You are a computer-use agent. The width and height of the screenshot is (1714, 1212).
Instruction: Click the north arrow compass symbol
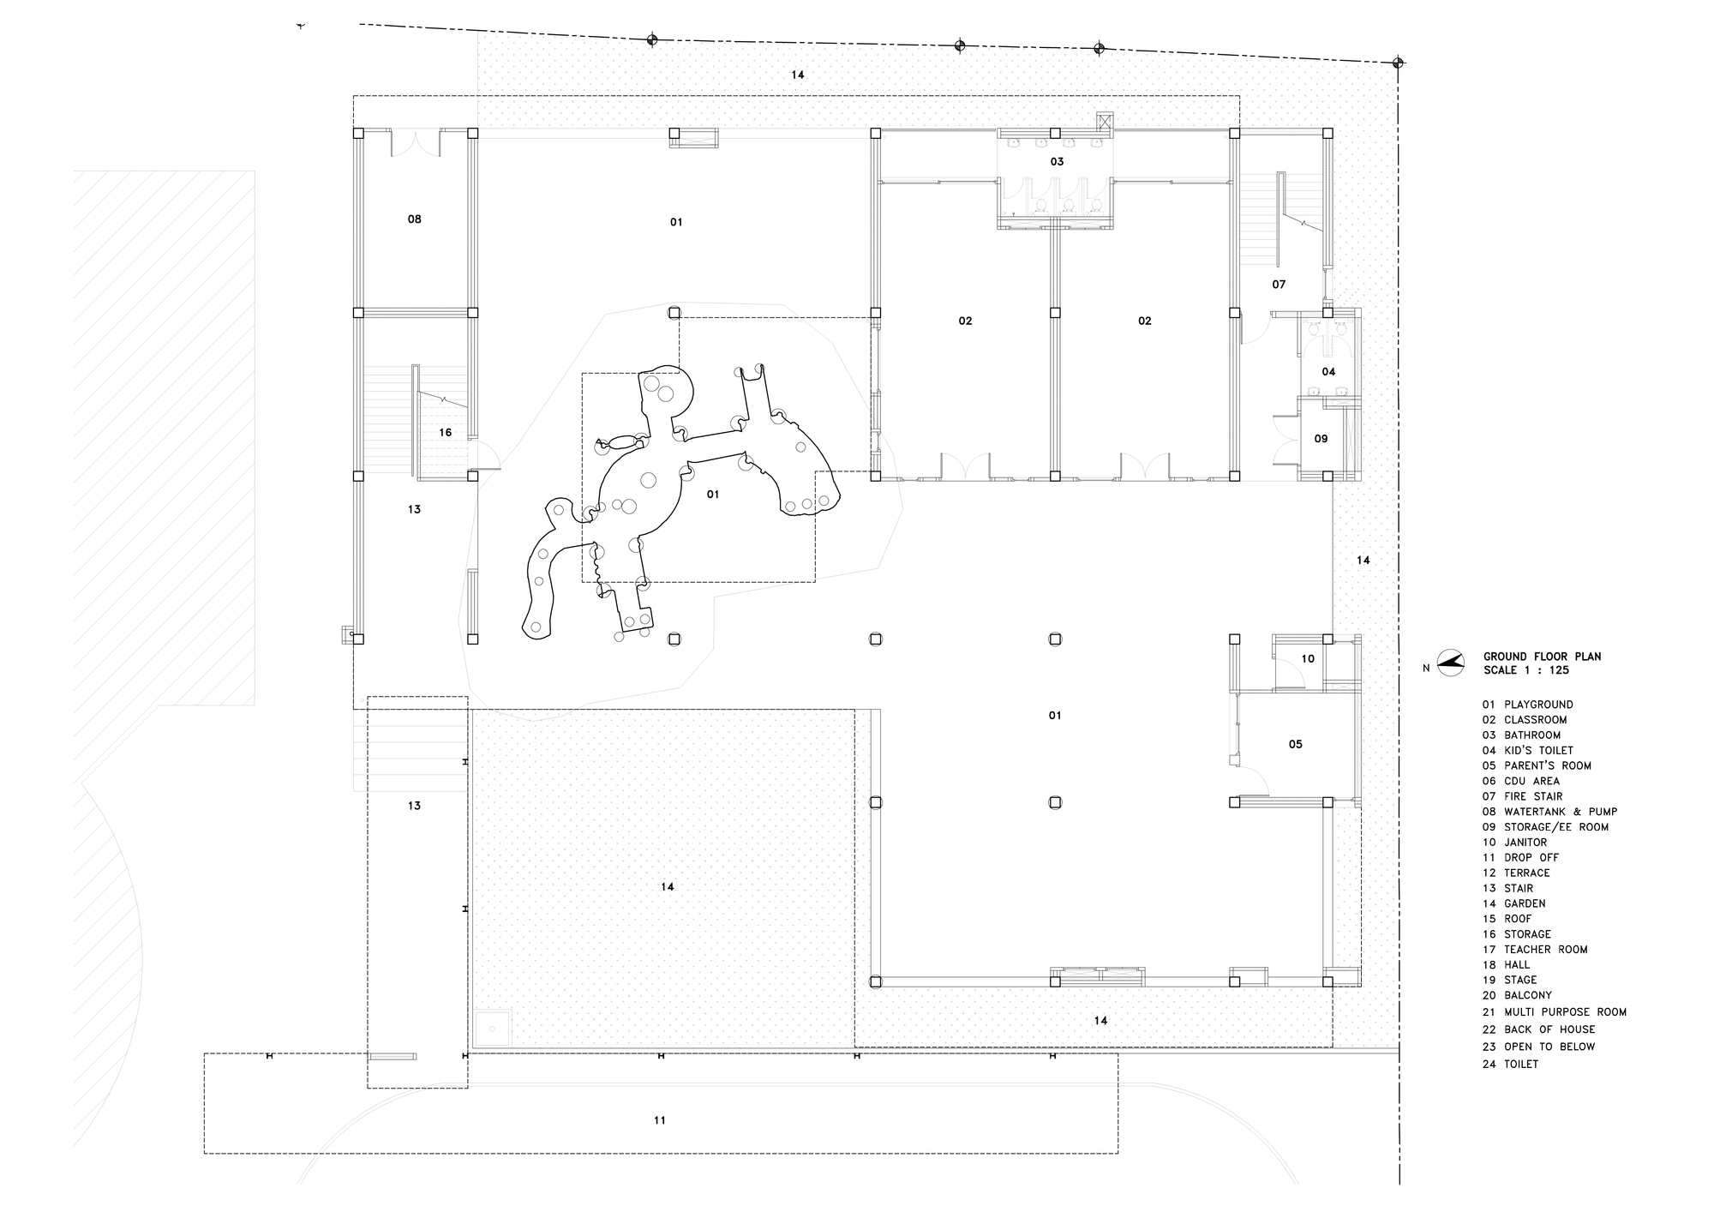tap(1451, 663)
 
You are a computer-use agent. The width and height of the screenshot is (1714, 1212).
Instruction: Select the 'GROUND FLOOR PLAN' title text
tap(1542, 657)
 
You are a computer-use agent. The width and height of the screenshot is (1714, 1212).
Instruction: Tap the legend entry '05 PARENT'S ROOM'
tap(1536, 765)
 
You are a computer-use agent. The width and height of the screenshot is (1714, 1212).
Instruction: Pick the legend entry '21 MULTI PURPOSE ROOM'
tap(1554, 1011)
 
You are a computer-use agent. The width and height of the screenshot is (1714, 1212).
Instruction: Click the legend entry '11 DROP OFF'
tap(1520, 857)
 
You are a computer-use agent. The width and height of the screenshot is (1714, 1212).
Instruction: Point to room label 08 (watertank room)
tap(415, 219)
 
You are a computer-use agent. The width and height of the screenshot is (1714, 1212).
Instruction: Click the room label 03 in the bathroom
tap(1057, 162)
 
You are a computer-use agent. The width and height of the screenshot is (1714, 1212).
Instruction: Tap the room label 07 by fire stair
tap(1279, 285)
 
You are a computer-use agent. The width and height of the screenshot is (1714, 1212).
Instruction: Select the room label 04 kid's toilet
tap(1328, 372)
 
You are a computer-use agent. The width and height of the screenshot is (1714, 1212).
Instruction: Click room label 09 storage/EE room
tap(1321, 439)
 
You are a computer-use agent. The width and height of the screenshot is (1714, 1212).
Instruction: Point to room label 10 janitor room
tap(1308, 659)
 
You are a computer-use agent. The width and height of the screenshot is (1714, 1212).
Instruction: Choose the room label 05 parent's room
tap(1296, 745)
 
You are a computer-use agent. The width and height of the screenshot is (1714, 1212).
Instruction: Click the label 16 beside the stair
tap(446, 433)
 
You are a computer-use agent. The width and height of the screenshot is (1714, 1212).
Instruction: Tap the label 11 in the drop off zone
tap(660, 1120)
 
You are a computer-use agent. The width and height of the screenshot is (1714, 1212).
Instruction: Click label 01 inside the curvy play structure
tap(713, 495)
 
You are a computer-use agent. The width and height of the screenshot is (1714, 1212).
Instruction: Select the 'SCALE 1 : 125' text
tap(1525, 670)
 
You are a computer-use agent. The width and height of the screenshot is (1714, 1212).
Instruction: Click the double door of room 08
tap(416, 143)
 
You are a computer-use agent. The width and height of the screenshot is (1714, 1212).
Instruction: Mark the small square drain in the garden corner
tap(493, 1028)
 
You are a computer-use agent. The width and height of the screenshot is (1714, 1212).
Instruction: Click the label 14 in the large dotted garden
tap(668, 887)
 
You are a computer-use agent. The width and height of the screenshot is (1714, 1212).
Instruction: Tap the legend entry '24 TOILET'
tap(1510, 1064)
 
